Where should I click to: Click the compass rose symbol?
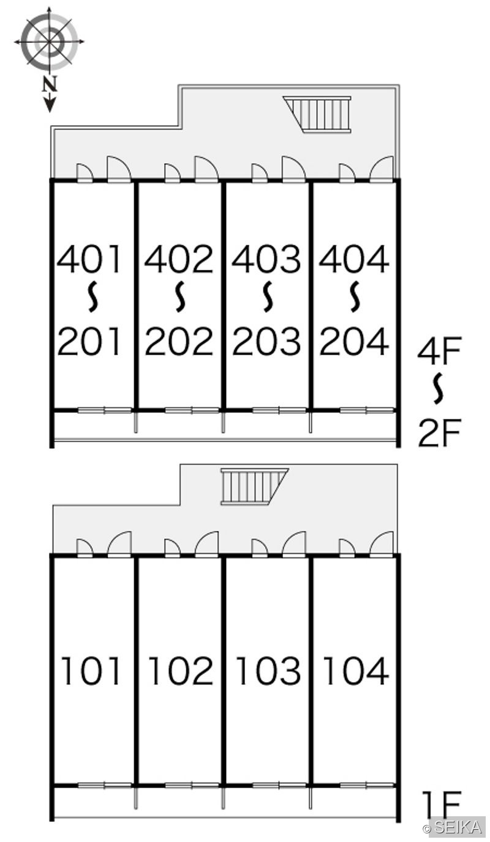click(49, 41)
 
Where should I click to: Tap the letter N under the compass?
click(49, 84)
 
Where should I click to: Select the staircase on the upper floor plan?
click(318, 114)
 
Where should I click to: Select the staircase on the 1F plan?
click(255, 486)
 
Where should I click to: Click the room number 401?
click(89, 259)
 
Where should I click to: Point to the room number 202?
click(179, 342)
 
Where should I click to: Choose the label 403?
click(266, 259)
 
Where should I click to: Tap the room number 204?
click(353, 342)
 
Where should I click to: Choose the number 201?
click(89, 342)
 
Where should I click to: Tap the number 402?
click(179, 259)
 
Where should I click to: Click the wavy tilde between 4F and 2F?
click(437, 389)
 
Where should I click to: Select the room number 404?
click(353, 259)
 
